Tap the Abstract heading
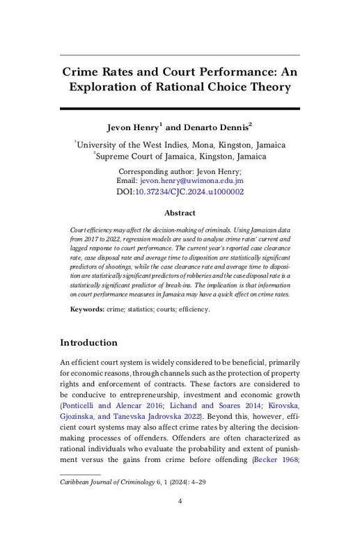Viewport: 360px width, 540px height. [180, 213]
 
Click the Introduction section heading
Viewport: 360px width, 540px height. [88, 343]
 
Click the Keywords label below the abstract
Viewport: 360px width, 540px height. [87, 308]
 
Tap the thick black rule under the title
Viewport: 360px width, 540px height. [180, 109]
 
